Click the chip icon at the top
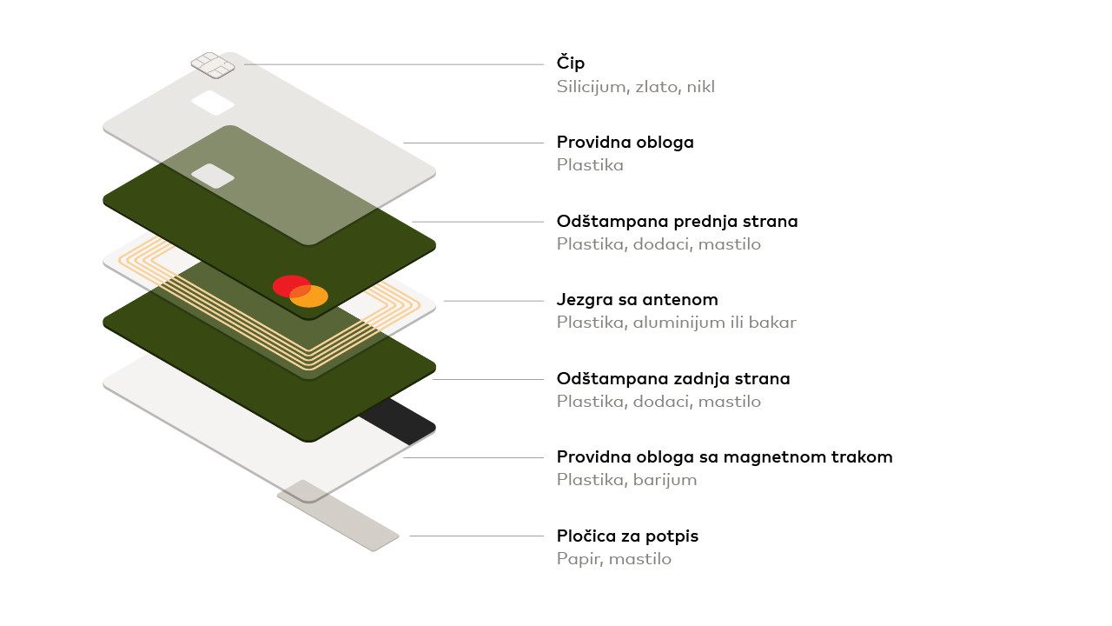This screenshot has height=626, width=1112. [213, 64]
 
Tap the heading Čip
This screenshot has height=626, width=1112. [571, 63]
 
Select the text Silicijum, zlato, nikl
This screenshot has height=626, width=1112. [635, 87]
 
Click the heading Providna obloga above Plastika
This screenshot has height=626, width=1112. [625, 143]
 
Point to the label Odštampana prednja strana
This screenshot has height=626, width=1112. [677, 222]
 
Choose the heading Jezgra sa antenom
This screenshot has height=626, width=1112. [637, 300]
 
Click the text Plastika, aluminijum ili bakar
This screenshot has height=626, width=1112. [676, 323]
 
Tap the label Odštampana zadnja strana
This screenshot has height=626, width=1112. [673, 379]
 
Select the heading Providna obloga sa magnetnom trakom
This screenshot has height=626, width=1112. [725, 457]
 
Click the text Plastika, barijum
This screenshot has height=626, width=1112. [626, 480]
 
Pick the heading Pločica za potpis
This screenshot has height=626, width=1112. [627, 536]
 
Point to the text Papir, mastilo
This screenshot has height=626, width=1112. [613, 559]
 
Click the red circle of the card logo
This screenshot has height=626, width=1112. [289, 285]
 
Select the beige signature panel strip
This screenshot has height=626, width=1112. [339, 515]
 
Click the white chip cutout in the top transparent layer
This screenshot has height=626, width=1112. [213, 103]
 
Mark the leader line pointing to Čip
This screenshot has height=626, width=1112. [391, 64]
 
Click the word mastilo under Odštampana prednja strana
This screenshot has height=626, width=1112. [731, 244]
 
